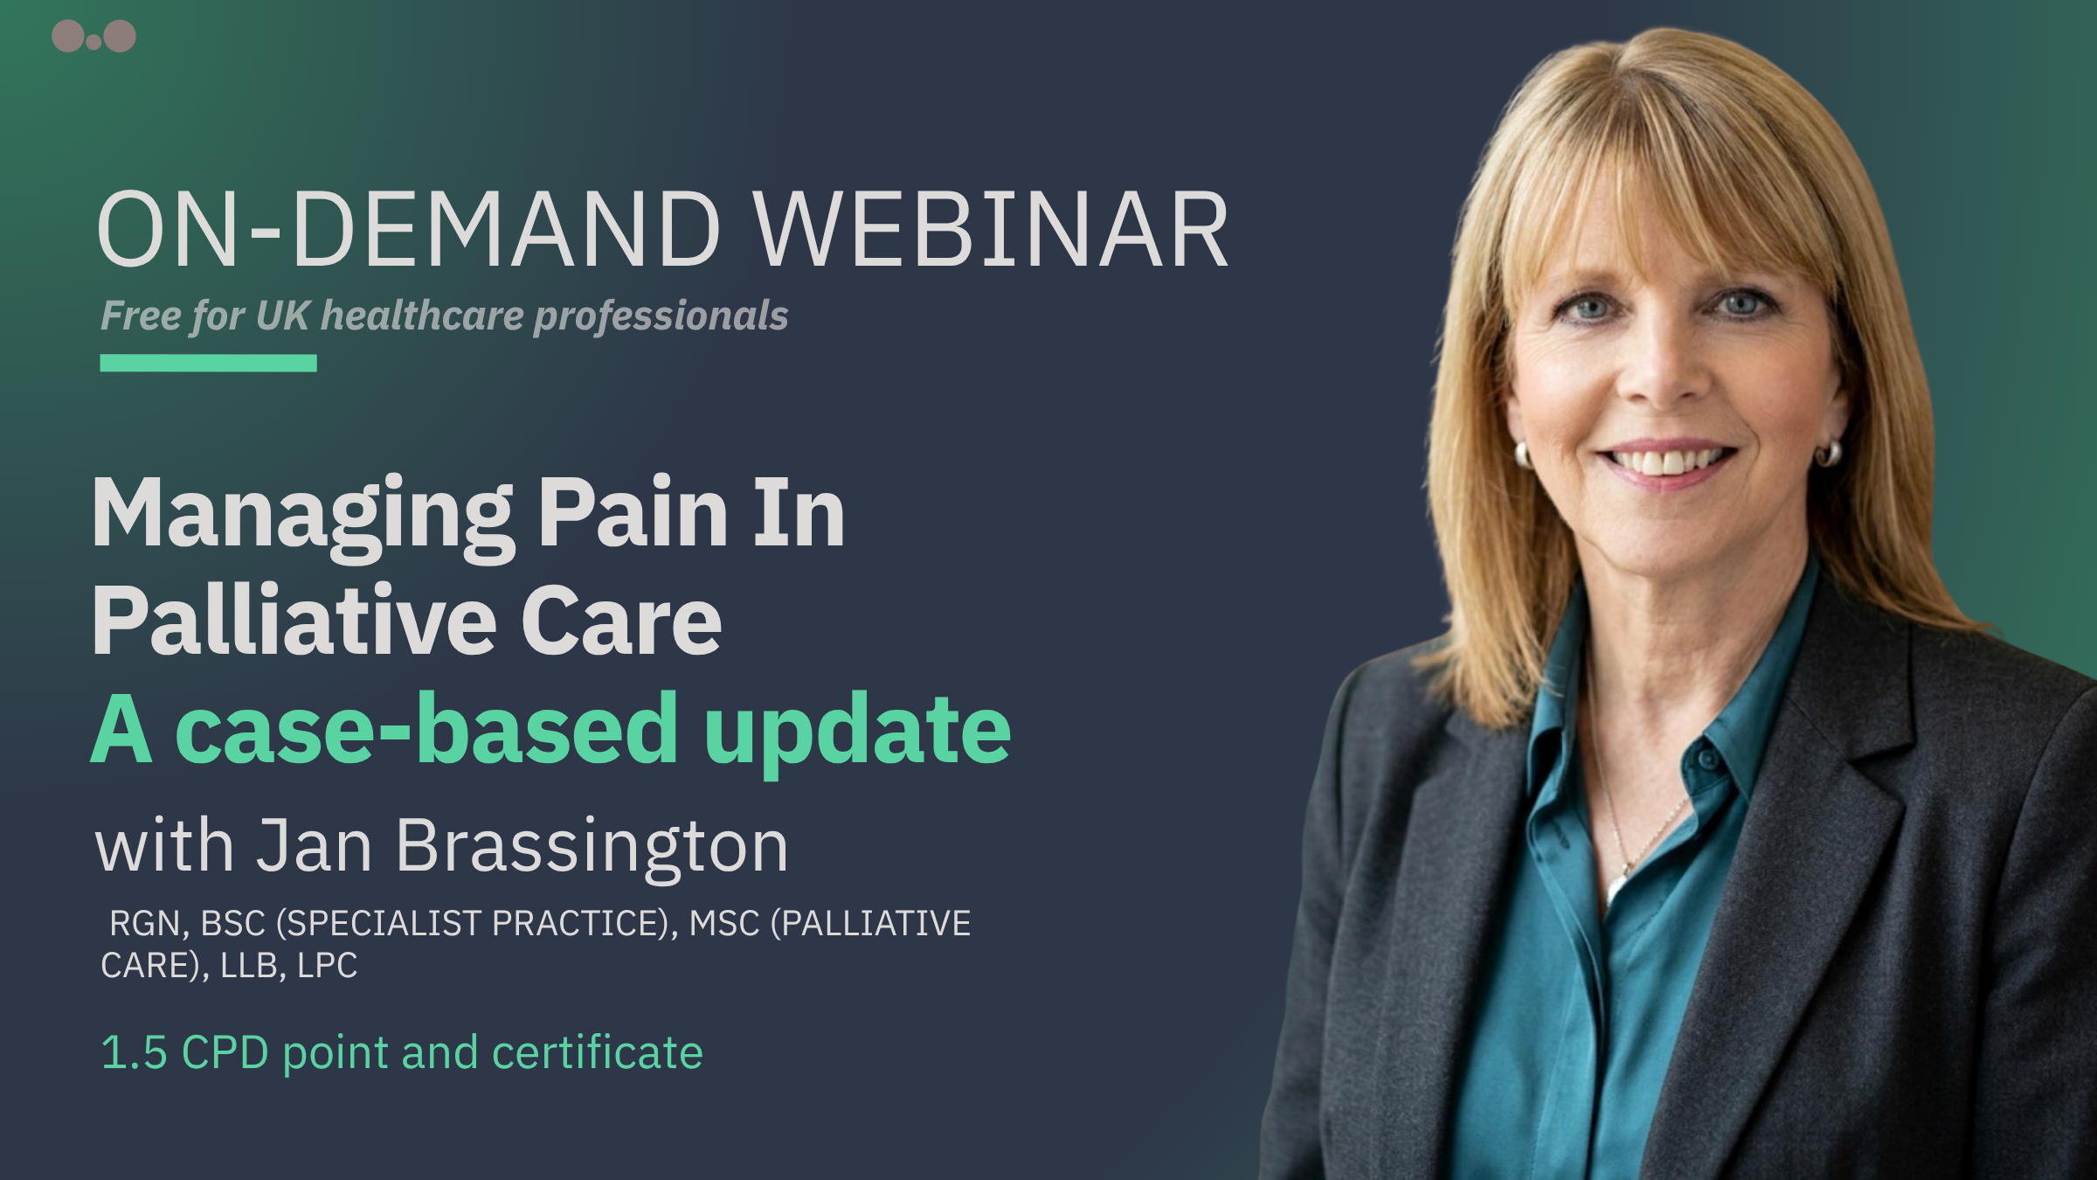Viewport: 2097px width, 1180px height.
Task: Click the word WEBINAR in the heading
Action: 991,229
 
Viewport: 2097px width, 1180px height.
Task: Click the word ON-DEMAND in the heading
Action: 409,229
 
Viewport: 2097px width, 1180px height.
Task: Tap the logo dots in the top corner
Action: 93,37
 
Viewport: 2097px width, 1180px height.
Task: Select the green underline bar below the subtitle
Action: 208,363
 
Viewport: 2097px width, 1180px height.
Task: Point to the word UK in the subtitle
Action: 282,316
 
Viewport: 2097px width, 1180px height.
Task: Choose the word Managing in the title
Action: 302,517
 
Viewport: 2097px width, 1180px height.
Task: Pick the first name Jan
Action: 314,845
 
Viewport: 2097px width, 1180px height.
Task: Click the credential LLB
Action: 248,966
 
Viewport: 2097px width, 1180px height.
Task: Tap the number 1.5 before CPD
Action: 134,1052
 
